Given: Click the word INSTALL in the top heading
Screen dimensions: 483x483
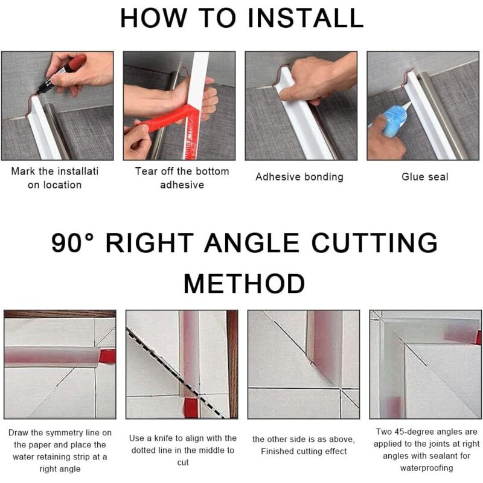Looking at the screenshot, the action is (x=305, y=18).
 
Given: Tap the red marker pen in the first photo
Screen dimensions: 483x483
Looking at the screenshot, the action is (x=62, y=74).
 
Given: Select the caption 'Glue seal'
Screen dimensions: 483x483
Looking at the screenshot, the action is (x=425, y=177).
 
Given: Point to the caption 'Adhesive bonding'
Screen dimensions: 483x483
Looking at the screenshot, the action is (x=299, y=177).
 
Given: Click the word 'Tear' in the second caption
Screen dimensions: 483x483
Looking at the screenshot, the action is (x=146, y=171).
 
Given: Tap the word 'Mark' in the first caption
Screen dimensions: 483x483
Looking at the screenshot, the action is (x=23, y=171).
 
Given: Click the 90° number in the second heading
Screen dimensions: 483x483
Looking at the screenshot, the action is (x=72, y=243).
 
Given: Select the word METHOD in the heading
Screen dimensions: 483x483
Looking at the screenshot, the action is (x=245, y=284).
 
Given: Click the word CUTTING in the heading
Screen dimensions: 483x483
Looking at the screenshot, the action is (x=374, y=243).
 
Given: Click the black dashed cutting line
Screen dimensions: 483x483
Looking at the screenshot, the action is (x=176, y=374).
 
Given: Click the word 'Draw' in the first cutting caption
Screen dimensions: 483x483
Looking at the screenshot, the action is (x=19, y=432).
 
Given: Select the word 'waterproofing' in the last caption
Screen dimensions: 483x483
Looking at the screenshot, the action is (x=426, y=468).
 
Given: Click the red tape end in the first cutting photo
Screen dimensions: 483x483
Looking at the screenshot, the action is (x=108, y=356).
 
